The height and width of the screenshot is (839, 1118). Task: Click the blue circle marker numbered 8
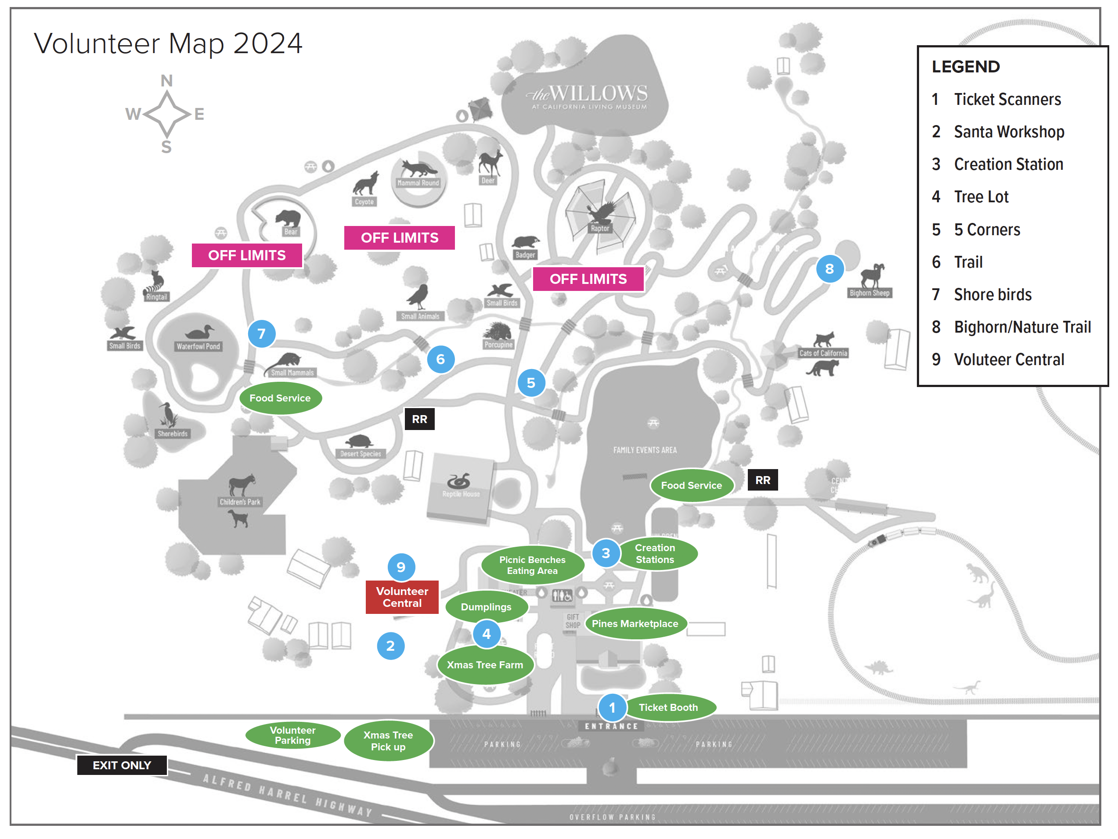(x=829, y=269)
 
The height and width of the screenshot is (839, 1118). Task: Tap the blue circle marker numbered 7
(x=261, y=333)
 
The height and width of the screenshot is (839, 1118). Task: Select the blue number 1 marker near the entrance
(x=612, y=708)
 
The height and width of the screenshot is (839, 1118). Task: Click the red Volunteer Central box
(x=402, y=597)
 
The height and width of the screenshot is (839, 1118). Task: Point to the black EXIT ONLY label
(x=122, y=765)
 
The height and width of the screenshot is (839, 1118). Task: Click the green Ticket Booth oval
(x=668, y=707)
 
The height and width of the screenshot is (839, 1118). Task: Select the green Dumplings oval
(x=486, y=606)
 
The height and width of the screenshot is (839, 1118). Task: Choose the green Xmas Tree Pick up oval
(x=388, y=741)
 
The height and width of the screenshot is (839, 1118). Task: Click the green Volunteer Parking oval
(x=292, y=735)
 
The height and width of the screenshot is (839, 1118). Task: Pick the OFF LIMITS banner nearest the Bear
(x=247, y=255)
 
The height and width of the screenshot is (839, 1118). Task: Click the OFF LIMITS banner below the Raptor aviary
(x=588, y=279)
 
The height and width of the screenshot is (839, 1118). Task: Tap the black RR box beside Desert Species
(x=419, y=419)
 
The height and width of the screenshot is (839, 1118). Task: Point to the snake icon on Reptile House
(x=459, y=480)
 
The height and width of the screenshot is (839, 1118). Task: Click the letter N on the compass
(x=166, y=81)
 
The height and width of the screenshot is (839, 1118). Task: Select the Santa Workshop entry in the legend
(x=1008, y=132)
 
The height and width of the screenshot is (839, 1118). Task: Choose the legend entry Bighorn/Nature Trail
(x=1022, y=327)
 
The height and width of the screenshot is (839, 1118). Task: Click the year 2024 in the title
(x=267, y=43)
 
